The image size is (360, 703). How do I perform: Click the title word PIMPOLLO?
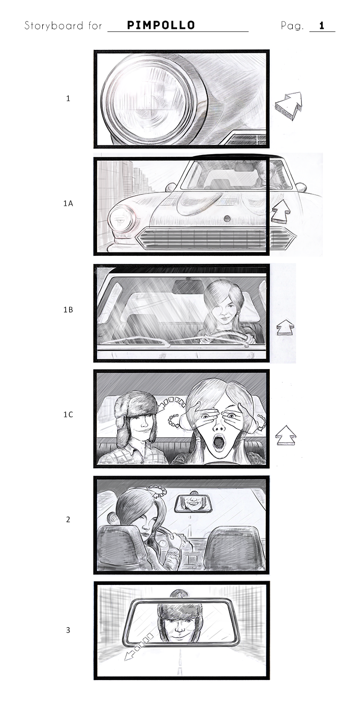coord(161,25)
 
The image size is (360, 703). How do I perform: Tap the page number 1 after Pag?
coord(322,25)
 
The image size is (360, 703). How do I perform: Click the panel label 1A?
coord(68,203)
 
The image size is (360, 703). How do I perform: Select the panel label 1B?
coord(68,310)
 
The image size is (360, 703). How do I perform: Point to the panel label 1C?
coord(68,415)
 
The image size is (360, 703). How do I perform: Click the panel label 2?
coord(68,519)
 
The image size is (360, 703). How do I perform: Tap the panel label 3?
coord(68,630)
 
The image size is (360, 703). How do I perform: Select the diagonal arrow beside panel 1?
coord(289,106)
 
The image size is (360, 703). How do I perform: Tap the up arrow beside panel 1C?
coord(286,435)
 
